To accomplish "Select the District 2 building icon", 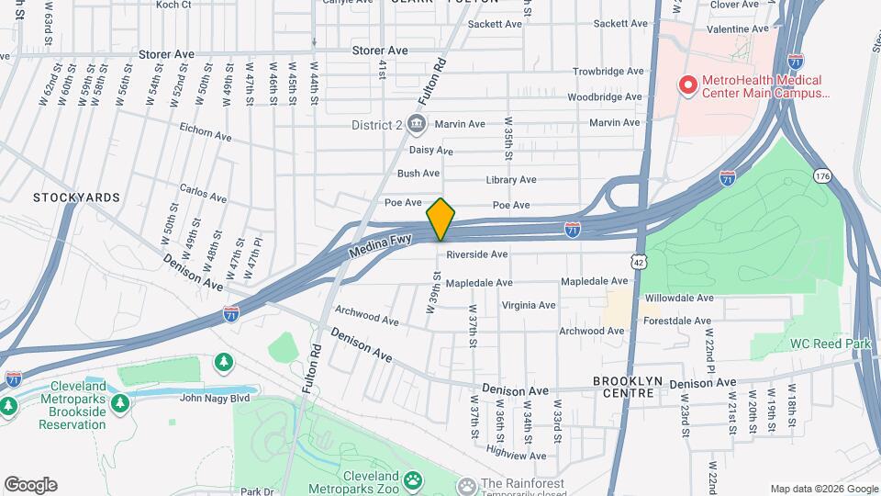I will click(417, 124).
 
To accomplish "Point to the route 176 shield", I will click(821, 175).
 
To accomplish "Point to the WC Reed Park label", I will click(825, 344).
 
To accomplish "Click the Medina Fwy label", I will click(383, 243).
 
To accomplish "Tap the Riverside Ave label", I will click(477, 254).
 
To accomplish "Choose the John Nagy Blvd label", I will click(215, 398).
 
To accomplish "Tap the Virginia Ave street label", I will click(528, 305).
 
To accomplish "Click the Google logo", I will click(30, 484).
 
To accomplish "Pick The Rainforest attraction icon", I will click(467, 484).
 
